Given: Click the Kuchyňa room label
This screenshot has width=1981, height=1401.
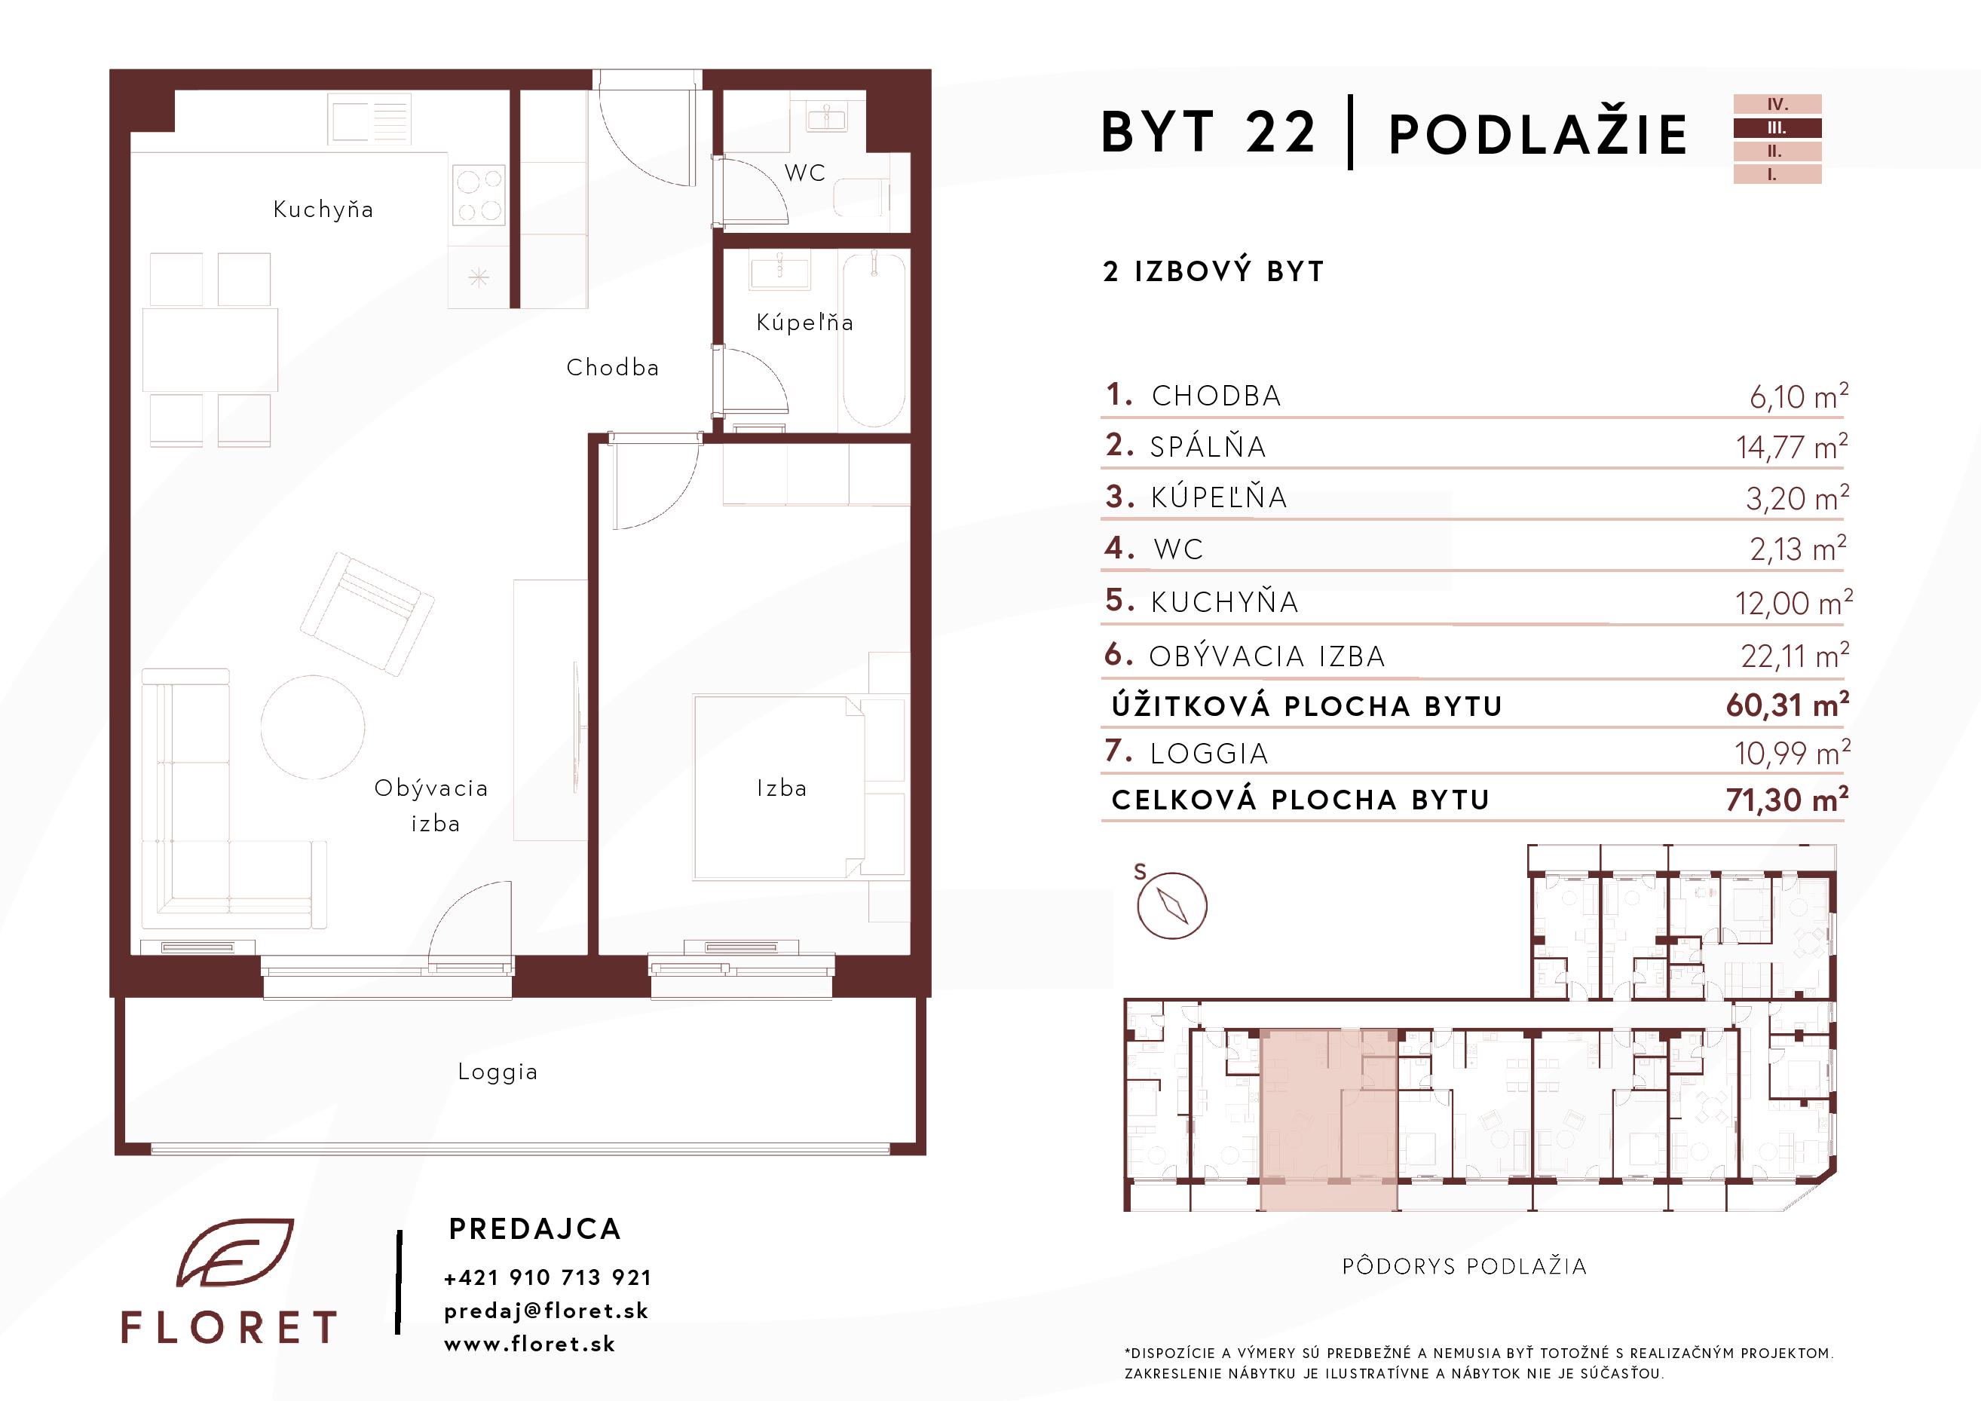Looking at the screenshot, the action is tap(323, 210).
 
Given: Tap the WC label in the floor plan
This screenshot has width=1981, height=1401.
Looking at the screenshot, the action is tap(805, 173).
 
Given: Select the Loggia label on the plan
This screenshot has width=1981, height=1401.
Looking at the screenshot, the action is tap(498, 1072).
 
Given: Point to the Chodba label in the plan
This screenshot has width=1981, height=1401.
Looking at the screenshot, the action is tap(613, 368).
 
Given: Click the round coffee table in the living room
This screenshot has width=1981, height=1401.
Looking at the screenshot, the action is tap(312, 727).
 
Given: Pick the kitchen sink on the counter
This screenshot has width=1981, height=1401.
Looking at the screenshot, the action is tap(369, 118).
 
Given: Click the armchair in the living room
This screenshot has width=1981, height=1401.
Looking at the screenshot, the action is tap(366, 614).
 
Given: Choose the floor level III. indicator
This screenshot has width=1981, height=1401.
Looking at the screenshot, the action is tap(1777, 127).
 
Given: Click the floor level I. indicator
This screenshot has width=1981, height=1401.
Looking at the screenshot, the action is tap(1777, 174).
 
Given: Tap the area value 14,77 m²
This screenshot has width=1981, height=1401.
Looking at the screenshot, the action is tap(1792, 447).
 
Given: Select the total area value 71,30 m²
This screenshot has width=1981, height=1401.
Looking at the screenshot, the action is tap(1787, 800).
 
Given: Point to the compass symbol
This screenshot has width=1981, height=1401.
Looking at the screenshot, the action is tap(1171, 906).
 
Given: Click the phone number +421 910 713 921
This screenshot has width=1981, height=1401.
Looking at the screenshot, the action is tap(548, 1277).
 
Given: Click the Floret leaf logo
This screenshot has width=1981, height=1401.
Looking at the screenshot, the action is tap(234, 1253).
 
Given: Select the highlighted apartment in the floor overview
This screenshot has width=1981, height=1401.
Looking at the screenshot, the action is tap(1329, 1120).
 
